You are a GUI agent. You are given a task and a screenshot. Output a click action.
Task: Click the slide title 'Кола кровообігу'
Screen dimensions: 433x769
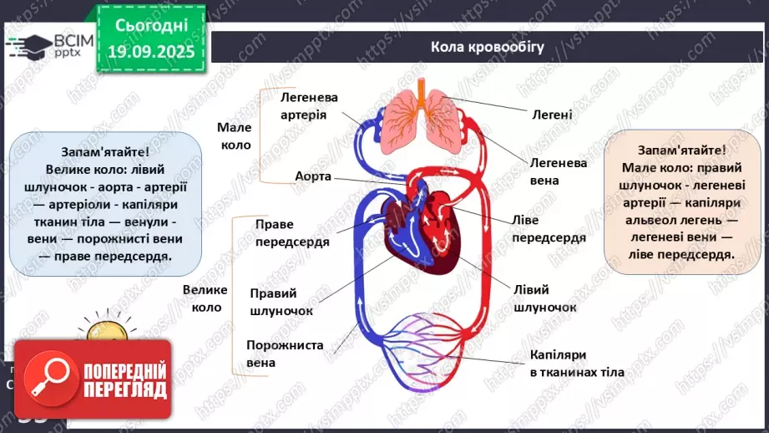pos(487,47)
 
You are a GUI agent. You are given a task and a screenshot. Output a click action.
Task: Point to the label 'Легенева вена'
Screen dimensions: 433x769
pos(558,171)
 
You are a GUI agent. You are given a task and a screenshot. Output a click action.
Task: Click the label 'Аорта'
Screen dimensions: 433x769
pos(313,176)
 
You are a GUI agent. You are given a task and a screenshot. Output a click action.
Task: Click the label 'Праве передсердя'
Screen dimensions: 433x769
pos(292,233)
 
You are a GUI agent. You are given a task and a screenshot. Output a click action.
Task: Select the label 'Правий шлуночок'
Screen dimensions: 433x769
pos(281,302)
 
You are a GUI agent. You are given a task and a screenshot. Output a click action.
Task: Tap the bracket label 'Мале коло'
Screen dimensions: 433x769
pos(235,135)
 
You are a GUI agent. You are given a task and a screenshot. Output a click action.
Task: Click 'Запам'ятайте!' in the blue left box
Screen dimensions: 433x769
pos(105,152)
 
